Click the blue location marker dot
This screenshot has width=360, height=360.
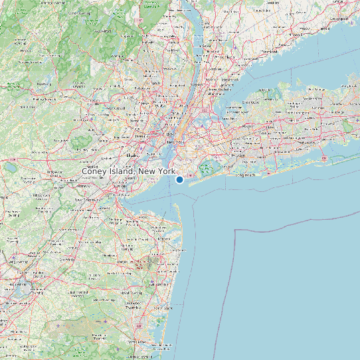point(179,179)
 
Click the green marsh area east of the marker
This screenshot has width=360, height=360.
point(207,168)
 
